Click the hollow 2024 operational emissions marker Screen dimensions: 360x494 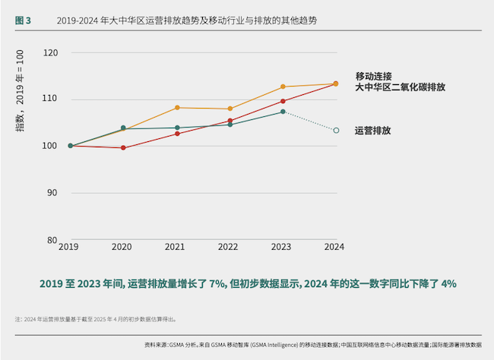click(336, 131)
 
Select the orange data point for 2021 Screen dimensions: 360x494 click(176, 107)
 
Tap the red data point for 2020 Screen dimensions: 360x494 click(123, 148)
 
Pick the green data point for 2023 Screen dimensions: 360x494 click(283, 112)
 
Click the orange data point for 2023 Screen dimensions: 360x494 click(283, 87)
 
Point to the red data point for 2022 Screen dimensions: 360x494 click(230, 121)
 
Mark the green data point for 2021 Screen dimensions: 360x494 click(176, 128)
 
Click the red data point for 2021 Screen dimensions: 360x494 click(176, 134)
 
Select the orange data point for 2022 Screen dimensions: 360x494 click(230, 109)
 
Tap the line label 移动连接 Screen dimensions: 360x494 click(373, 76)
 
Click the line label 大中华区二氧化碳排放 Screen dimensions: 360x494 click(400, 87)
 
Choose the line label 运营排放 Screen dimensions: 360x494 click(372, 131)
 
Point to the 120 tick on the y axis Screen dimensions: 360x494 click(51, 53)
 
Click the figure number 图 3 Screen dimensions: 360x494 click(23, 21)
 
